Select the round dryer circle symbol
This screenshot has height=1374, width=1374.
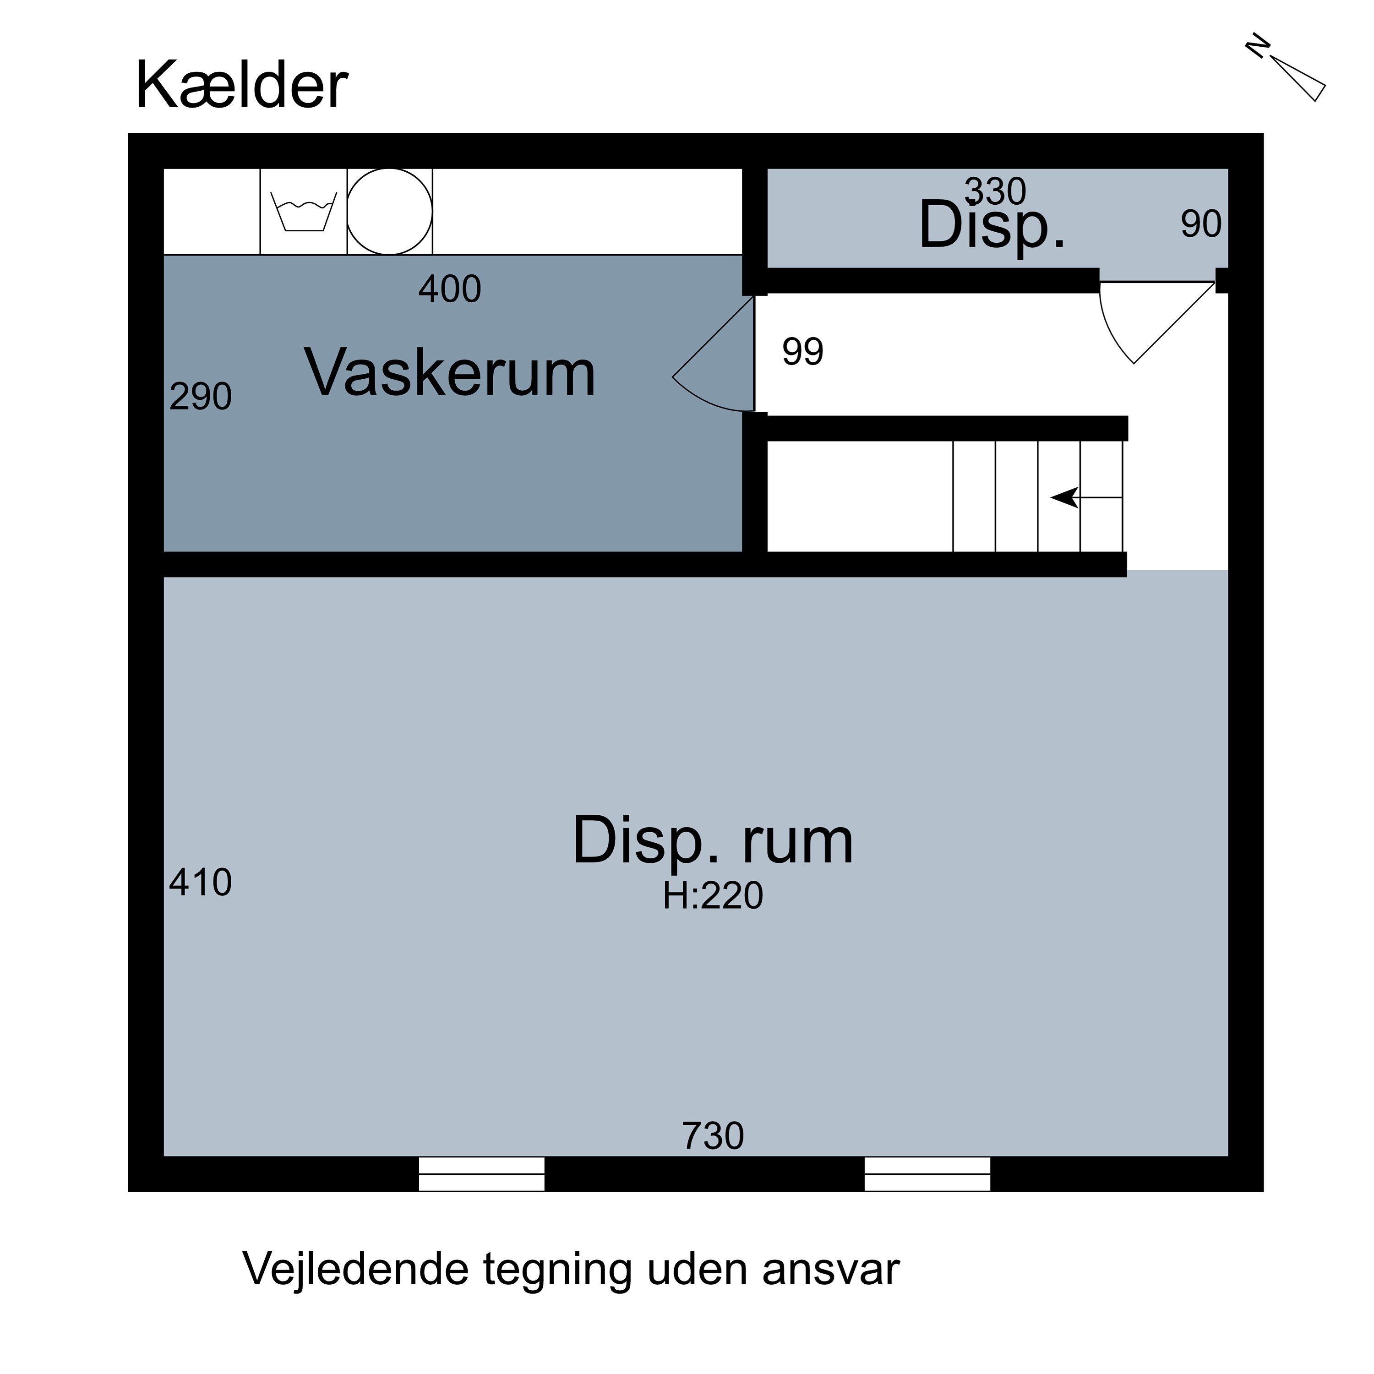[390, 212]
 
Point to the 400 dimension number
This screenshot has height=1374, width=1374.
[449, 289]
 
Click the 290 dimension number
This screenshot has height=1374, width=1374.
[201, 397]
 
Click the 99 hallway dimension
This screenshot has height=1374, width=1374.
[802, 351]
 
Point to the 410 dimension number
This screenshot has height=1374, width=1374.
[201, 883]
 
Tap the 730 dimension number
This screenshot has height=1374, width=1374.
[713, 1136]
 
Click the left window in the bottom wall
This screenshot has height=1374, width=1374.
[481, 1174]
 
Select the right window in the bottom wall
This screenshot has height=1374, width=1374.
[927, 1174]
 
